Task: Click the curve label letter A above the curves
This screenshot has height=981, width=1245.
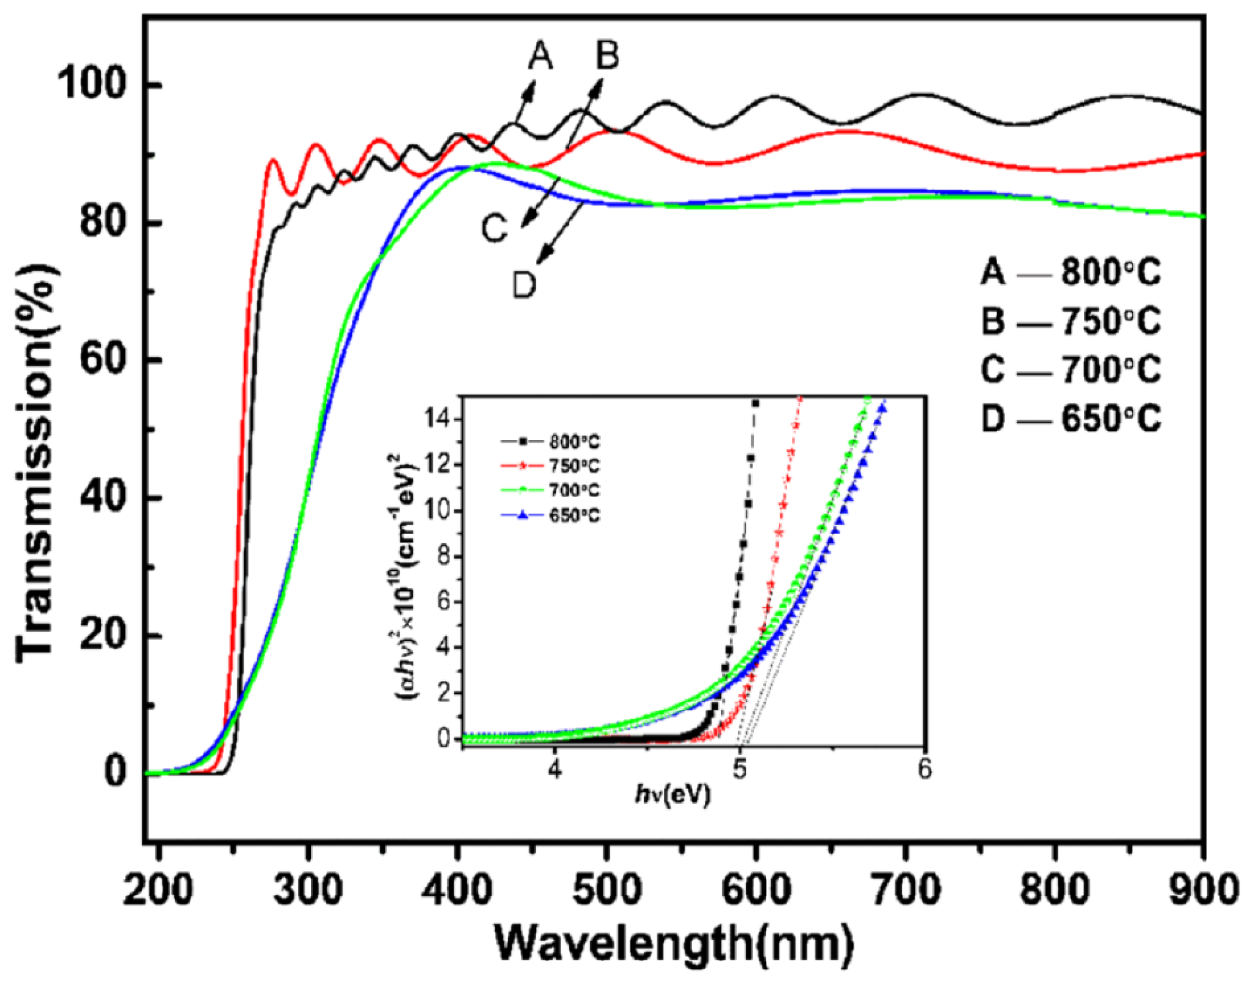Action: [x=540, y=56]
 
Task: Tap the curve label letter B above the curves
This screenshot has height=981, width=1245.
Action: [x=606, y=56]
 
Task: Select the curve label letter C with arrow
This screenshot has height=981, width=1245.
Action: [x=494, y=229]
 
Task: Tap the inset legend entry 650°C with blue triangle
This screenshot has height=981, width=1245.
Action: [x=568, y=515]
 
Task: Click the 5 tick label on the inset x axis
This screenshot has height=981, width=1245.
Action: [x=740, y=769]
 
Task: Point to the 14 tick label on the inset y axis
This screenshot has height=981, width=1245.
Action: [x=440, y=420]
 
